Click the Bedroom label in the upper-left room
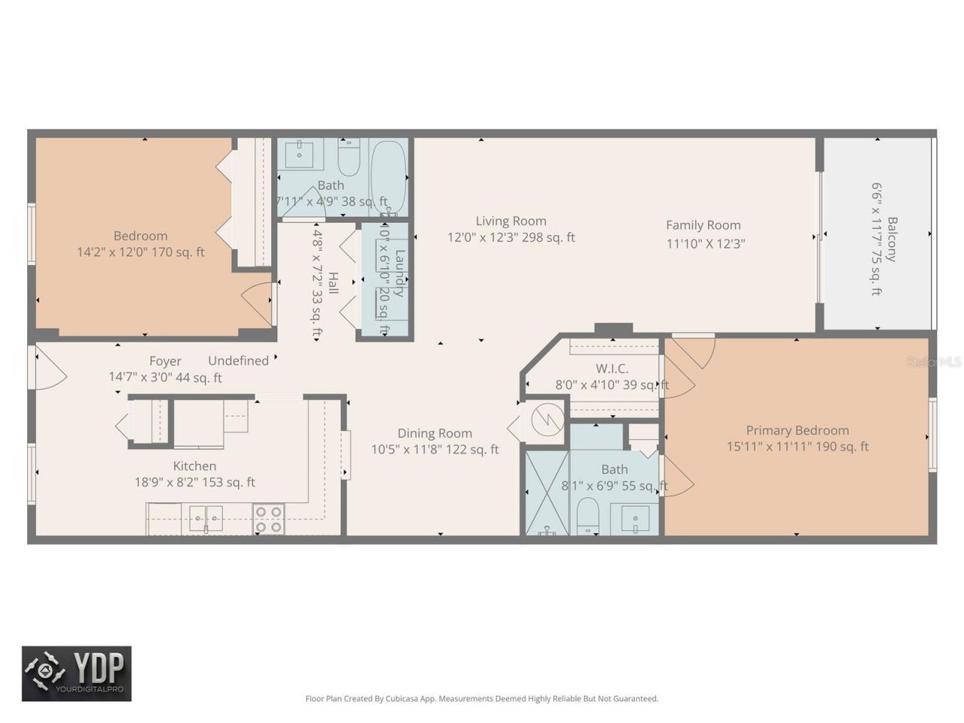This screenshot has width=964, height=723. [x=140, y=236]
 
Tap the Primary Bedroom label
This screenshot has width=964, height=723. [x=797, y=430]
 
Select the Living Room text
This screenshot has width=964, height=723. [x=511, y=221]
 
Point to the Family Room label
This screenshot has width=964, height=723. [x=703, y=224]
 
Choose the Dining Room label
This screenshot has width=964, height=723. [x=435, y=433]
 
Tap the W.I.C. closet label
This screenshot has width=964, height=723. [x=612, y=368]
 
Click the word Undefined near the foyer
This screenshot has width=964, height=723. [x=238, y=361]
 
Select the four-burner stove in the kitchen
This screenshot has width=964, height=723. [x=269, y=519]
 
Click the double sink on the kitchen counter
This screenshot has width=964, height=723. [x=205, y=518]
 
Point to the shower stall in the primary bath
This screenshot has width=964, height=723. [x=546, y=492]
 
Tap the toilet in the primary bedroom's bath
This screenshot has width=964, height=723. [x=587, y=519]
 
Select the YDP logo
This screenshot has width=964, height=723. [x=76, y=673]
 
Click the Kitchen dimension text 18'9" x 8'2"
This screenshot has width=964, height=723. [x=194, y=483]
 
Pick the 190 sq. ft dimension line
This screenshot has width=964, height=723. [x=797, y=447]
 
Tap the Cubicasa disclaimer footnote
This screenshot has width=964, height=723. [x=481, y=699]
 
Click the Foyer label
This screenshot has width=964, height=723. [x=165, y=361]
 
